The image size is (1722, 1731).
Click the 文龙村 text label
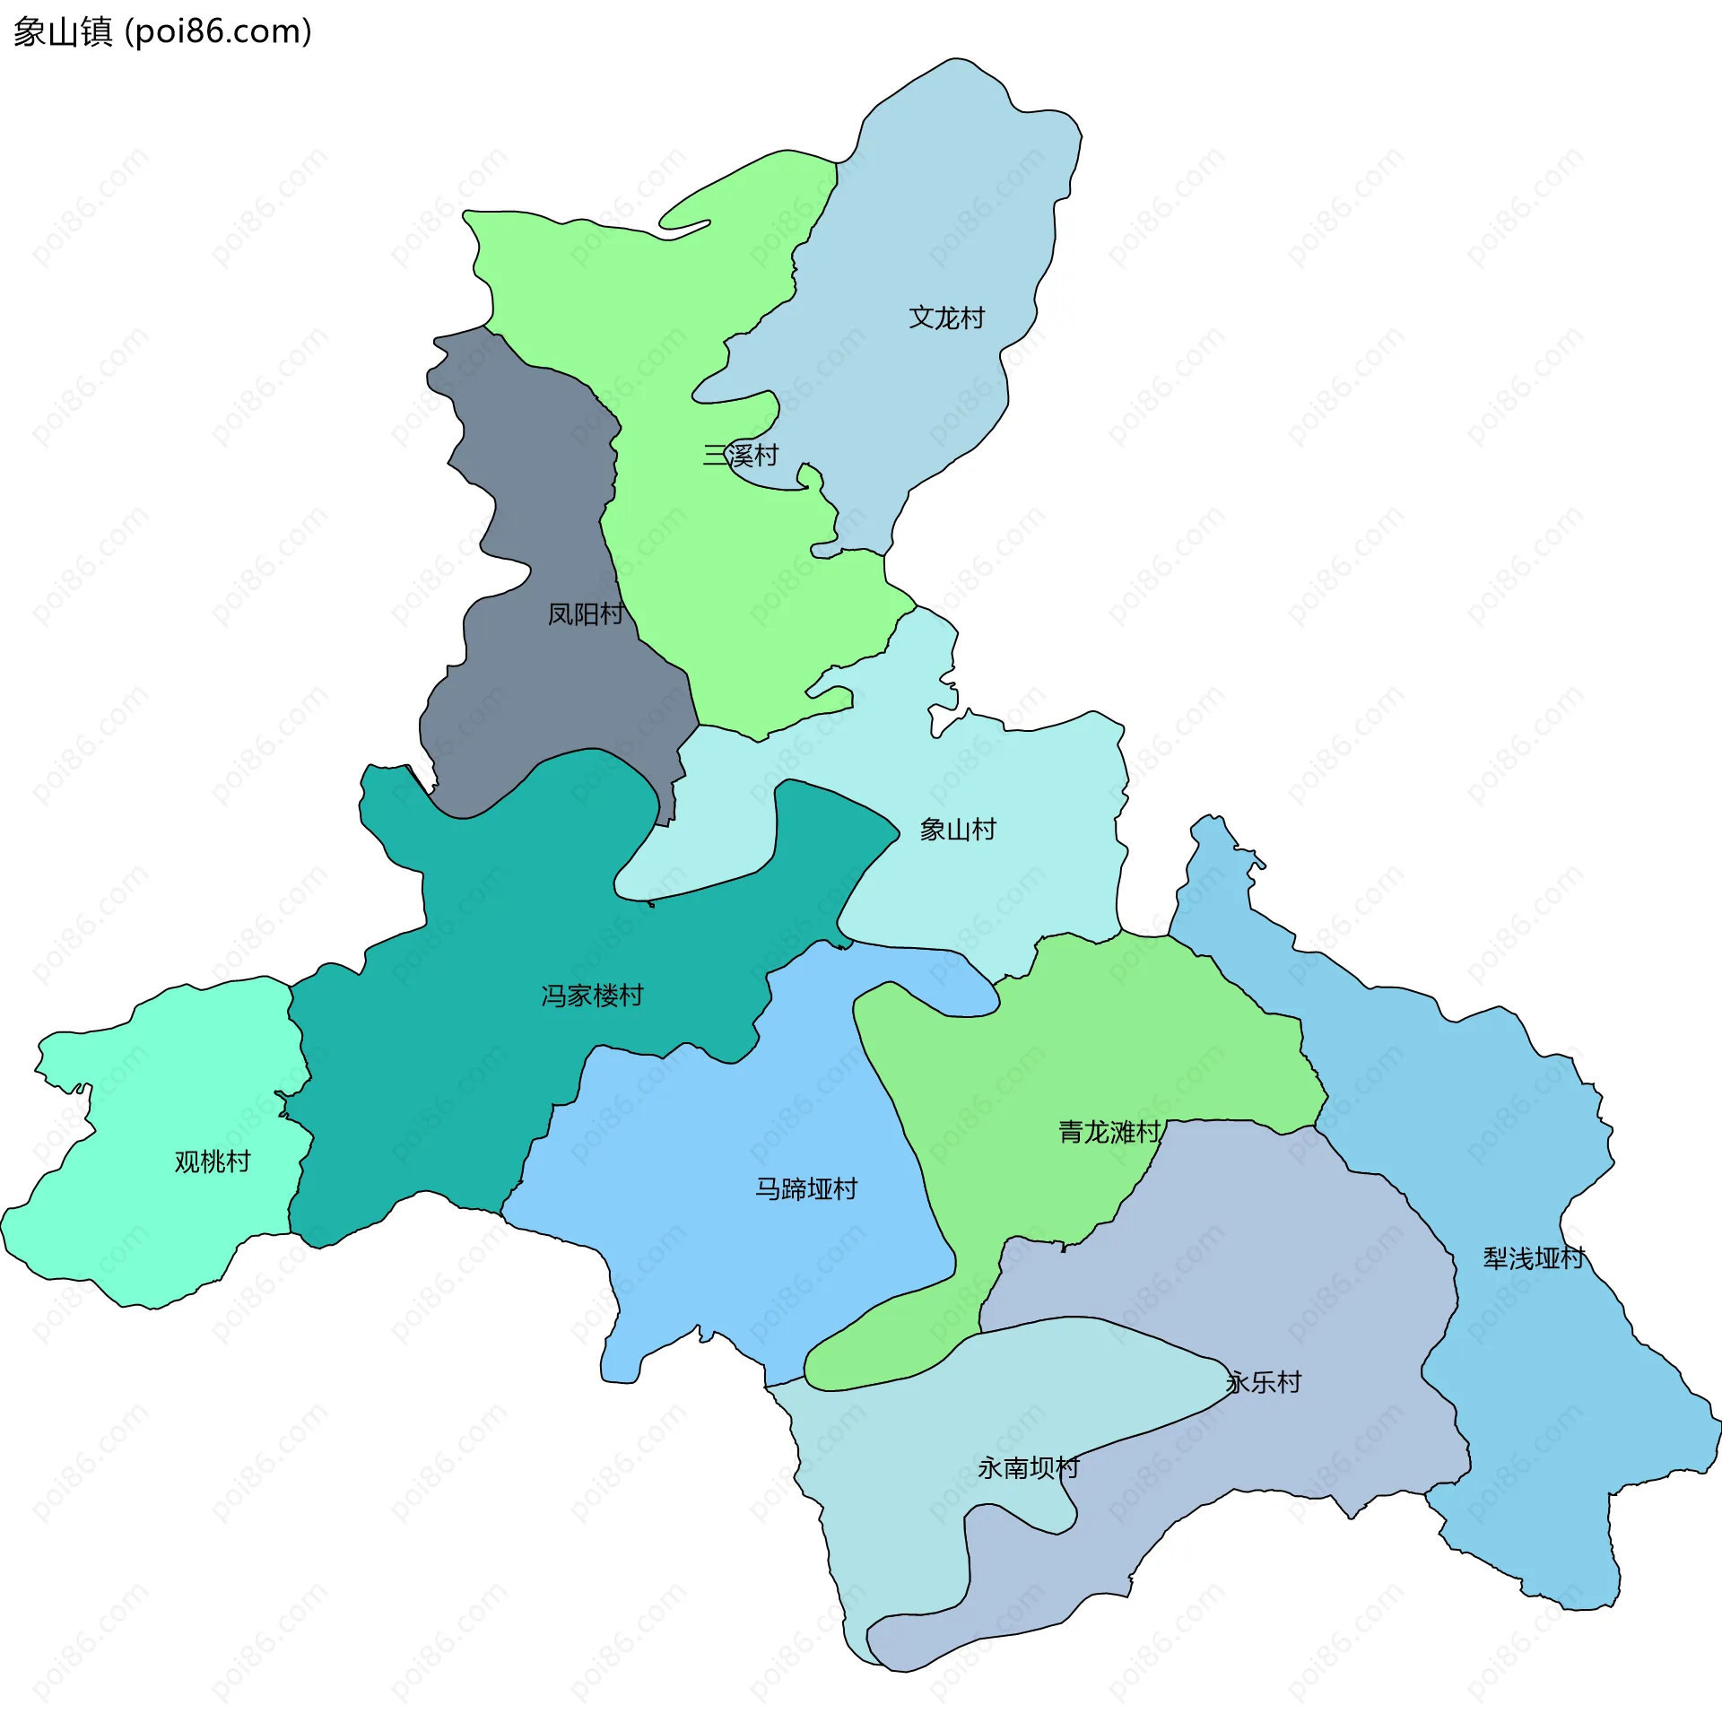point(946,317)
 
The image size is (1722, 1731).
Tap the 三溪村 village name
point(740,456)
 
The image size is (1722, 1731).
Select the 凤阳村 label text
point(586,614)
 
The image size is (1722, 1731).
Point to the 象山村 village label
point(958,830)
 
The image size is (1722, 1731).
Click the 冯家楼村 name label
point(592,996)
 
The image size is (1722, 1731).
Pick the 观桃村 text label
point(213,1162)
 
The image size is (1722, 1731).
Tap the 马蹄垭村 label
point(806,1189)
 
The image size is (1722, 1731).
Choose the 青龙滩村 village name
point(1109,1132)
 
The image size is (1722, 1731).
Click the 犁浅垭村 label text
point(1534,1259)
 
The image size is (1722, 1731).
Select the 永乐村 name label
point(1264,1382)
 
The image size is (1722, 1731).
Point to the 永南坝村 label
point(1029,1468)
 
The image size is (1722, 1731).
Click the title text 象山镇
point(63,32)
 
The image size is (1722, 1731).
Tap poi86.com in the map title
point(219,32)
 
